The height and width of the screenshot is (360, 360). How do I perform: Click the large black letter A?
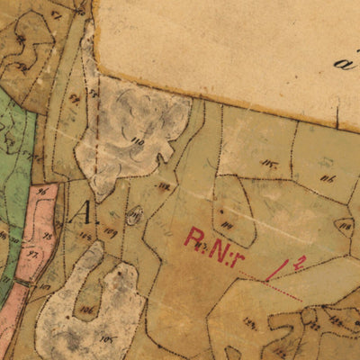click(85, 214)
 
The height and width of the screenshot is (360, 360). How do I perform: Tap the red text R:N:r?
click(215, 240)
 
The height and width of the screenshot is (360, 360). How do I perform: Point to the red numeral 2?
click(302, 261)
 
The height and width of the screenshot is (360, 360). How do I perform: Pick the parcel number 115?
click(270, 163)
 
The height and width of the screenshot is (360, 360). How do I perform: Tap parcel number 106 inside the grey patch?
click(86, 310)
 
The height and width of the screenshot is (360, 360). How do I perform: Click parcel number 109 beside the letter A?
click(111, 232)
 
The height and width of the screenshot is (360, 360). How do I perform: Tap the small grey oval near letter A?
click(134, 214)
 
